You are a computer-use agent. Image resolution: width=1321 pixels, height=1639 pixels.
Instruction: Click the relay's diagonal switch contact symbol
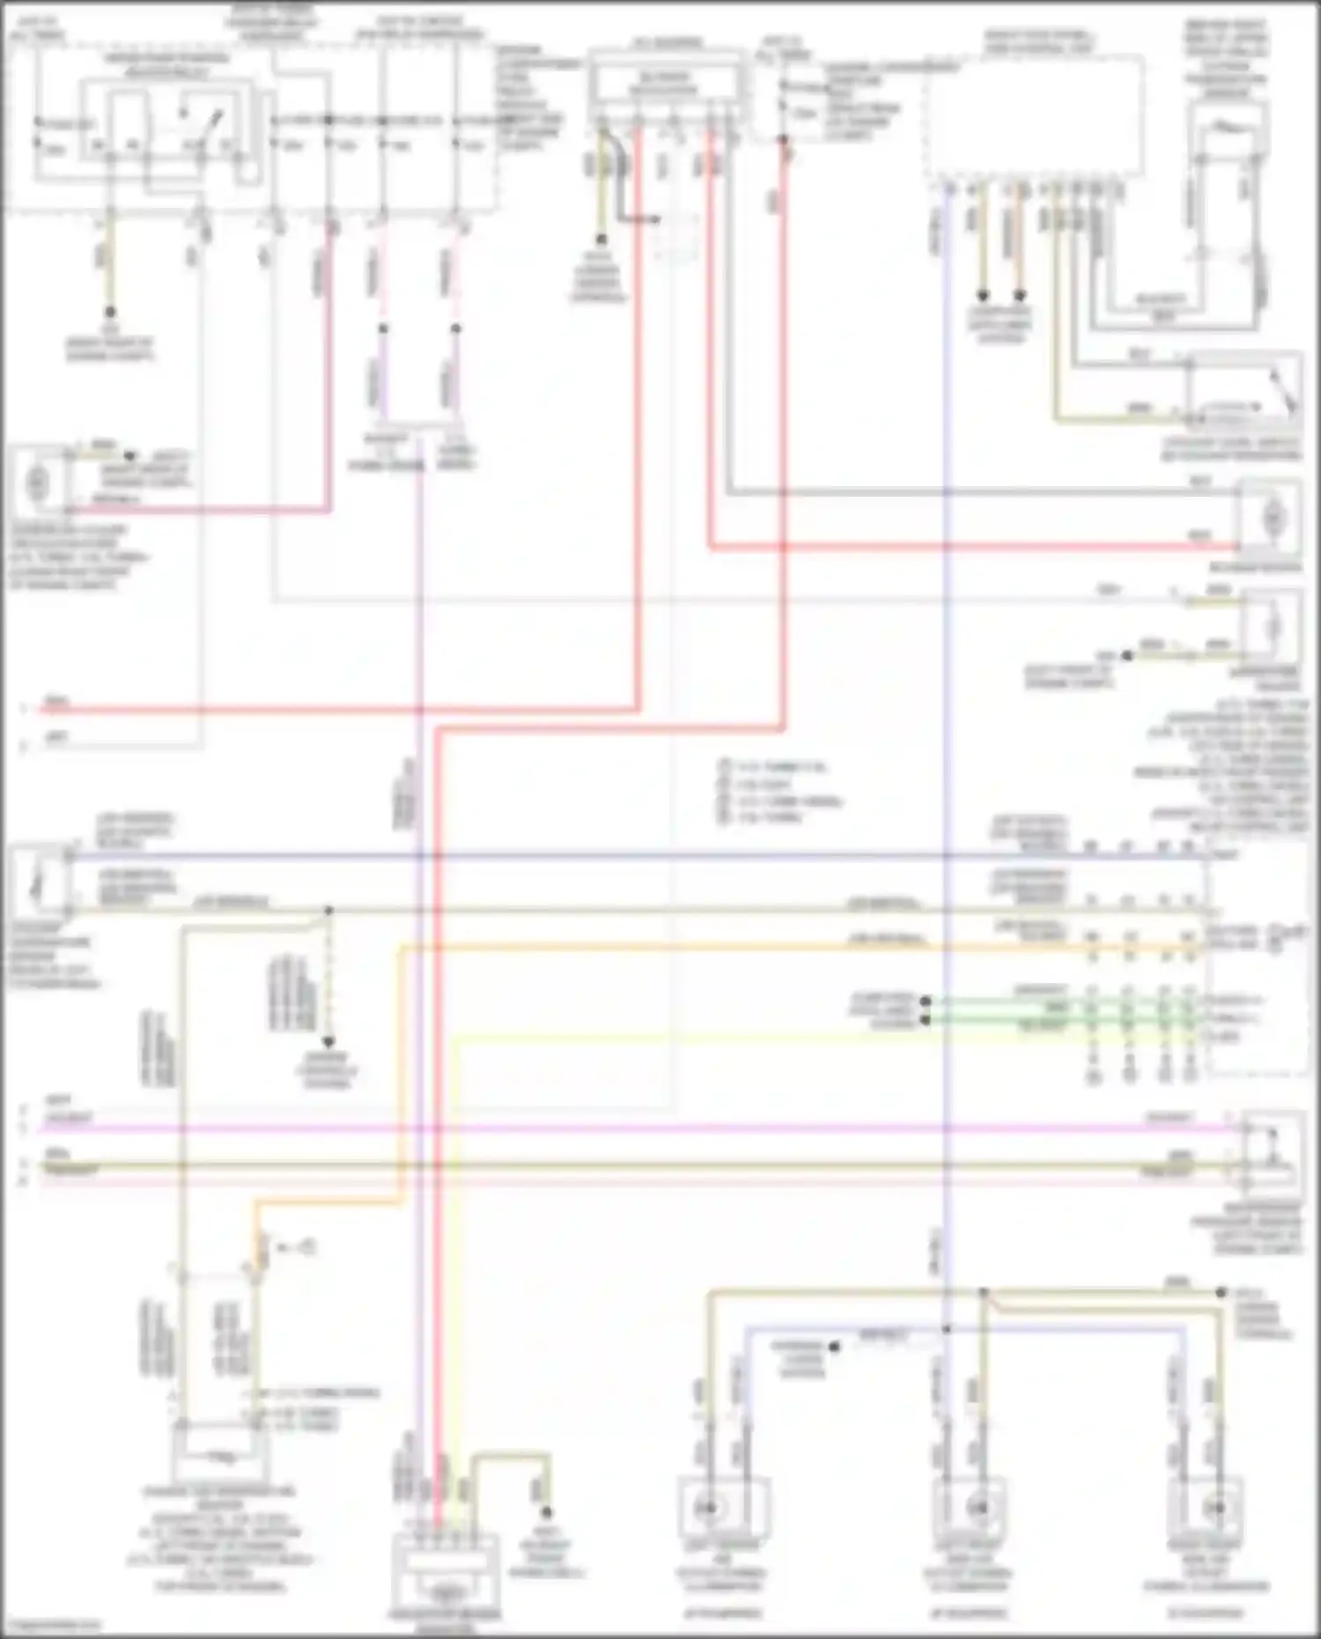(x=196, y=123)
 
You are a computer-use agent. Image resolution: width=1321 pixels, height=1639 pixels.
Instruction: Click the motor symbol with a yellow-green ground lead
(x=1272, y=627)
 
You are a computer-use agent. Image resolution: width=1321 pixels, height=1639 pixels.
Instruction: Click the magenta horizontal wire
(x=616, y=1127)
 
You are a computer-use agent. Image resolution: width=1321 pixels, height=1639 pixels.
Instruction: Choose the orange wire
(x=705, y=948)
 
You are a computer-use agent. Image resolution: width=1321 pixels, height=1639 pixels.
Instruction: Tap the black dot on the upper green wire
(x=926, y=1001)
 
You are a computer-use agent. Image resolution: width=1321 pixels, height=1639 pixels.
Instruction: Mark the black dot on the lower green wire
(x=926, y=1020)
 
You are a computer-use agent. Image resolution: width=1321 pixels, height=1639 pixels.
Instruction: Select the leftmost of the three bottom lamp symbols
(x=707, y=1508)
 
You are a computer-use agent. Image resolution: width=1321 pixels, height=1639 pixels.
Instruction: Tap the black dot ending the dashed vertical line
(x=328, y=1042)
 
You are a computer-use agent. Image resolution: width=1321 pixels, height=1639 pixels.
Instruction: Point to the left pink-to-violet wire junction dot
(x=382, y=329)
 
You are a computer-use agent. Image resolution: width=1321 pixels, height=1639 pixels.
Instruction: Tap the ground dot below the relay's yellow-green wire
(x=110, y=312)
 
